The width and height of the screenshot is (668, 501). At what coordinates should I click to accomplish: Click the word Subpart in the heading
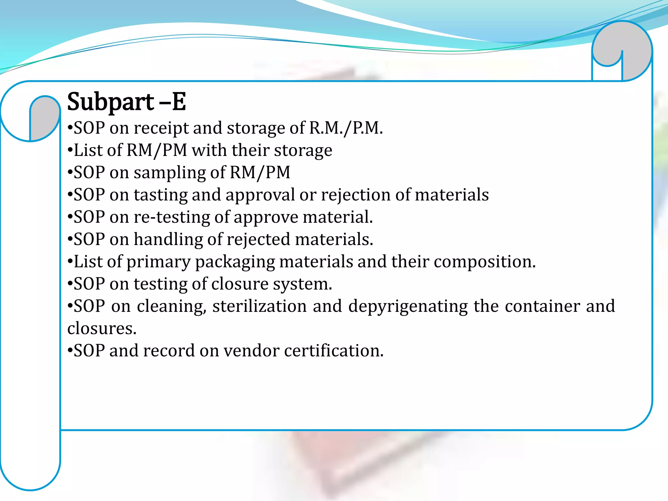[x=110, y=102]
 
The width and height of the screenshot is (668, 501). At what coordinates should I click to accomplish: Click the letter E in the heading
[x=179, y=101]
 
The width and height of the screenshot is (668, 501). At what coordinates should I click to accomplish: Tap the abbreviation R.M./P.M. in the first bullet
[x=346, y=128]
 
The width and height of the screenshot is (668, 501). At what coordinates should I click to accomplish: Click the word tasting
[x=160, y=195]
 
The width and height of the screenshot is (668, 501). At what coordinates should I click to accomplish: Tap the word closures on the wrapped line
[x=102, y=328]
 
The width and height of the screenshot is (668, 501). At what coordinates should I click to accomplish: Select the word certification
[x=334, y=351]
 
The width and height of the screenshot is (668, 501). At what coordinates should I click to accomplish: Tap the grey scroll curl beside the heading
[x=45, y=116]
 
